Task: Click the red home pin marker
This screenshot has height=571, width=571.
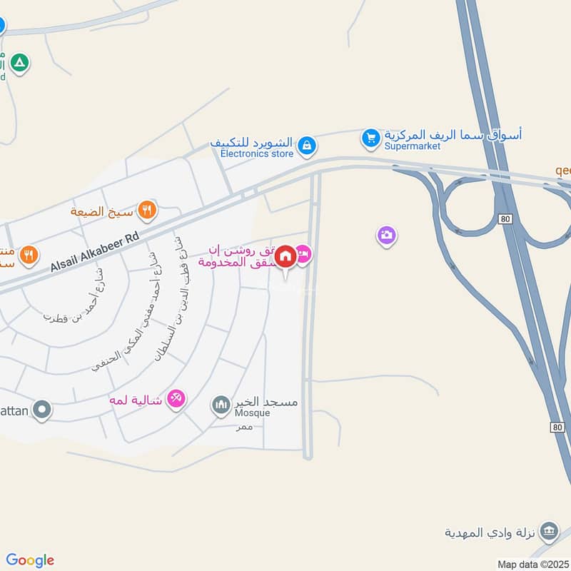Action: point(285,256)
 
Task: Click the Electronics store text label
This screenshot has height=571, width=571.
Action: point(256,153)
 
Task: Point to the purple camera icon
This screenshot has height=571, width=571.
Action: point(387,235)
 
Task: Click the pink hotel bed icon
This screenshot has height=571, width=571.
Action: point(303,253)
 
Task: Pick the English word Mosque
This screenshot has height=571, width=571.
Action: point(253,413)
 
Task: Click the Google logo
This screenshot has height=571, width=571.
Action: point(30,560)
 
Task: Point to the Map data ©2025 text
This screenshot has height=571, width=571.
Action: point(532,564)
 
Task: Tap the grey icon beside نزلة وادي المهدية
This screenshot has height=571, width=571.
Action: point(548,531)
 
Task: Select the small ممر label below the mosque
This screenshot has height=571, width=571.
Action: point(245,427)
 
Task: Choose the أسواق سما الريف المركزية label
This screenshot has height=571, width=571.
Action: point(453,134)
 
